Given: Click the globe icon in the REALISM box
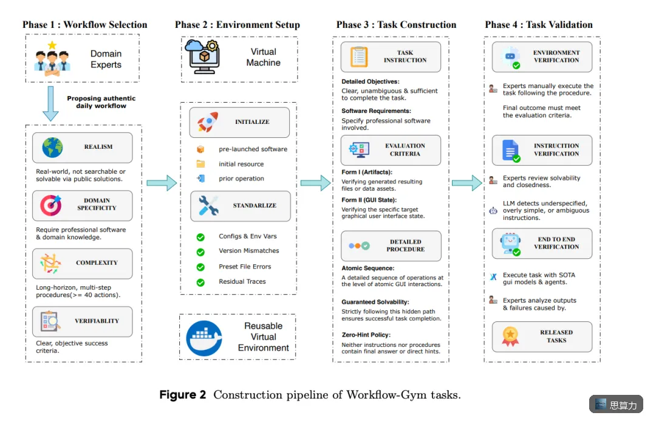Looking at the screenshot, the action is (x=52, y=147).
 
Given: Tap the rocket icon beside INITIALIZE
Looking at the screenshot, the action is (x=208, y=122).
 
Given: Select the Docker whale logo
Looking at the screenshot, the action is (x=204, y=338).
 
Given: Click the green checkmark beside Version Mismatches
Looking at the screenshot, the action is (x=200, y=252).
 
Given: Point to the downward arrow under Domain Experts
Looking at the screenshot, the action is (x=50, y=104).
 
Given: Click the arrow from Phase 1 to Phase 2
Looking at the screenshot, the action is (x=162, y=183).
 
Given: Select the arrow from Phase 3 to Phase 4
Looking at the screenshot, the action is (x=467, y=183).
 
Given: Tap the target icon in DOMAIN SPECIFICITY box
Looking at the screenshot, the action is (x=51, y=205).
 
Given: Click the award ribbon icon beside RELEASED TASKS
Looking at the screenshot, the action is (x=510, y=337).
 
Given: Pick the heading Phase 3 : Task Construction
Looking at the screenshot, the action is (x=396, y=25).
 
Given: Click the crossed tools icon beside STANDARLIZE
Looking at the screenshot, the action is (x=208, y=205).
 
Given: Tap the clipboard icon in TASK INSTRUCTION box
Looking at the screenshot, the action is (x=359, y=57).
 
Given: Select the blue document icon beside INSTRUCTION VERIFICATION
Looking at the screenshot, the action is (x=511, y=151).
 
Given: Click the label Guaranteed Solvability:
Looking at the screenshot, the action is (x=375, y=302).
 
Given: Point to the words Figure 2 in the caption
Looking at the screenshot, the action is (x=183, y=395).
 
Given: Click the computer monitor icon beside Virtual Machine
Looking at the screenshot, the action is (x=202, y=56).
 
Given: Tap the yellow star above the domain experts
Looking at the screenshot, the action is (x=52, y=45).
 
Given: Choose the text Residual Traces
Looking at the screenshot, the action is (x=242, y=281).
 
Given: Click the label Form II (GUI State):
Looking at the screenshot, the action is (x=369, y=200).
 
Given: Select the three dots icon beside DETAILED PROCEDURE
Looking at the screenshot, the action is (x=360, y=245).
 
